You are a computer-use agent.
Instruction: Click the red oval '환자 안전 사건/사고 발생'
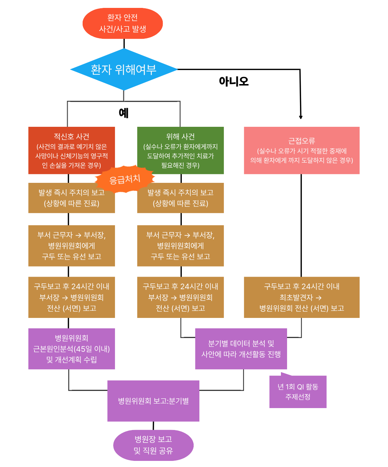(x=123, y=23)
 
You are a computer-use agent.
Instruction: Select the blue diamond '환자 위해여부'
(x=124, y=69)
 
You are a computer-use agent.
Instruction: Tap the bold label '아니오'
(x=234, y=81)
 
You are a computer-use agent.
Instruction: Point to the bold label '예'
(x=124, y=113)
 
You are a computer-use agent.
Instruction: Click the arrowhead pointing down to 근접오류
(x=301, y=117)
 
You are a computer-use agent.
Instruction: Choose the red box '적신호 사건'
(x=71, y=150)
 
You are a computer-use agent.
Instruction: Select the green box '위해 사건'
(x=180, y=150)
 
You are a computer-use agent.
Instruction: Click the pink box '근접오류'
(x=302, y=150)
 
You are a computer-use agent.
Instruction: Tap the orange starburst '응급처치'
(x=125, y=179)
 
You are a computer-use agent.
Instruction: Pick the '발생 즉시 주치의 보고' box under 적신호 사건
(x=71, y=198)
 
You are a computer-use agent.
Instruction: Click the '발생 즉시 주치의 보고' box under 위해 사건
(x=180, y=198)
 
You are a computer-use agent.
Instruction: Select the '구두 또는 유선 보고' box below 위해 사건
(x=180, y=246)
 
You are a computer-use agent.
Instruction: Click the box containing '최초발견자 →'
(x=302, y=297)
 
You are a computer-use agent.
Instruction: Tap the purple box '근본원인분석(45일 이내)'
(x=71, y=349)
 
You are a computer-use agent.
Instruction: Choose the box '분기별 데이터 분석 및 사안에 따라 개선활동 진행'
(x=241, y=349)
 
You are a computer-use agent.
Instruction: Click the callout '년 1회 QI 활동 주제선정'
(x=298, y=392)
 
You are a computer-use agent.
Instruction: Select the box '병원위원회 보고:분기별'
(x=153, y=401)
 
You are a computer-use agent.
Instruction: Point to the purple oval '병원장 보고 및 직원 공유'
(x=153, y=445)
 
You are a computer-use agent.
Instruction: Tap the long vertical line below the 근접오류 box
(x=301, y=226)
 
